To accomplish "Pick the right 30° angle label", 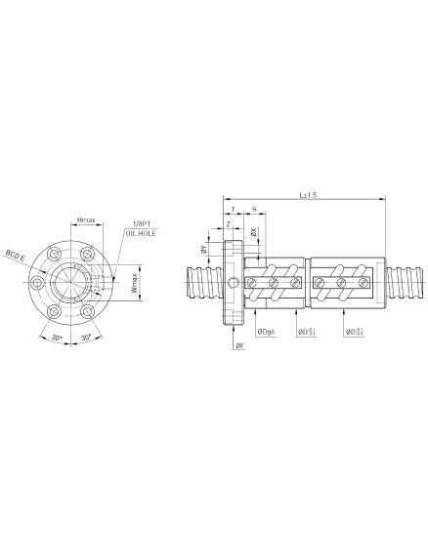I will tap(87, 337).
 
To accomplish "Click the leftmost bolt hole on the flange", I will tap(37, 283).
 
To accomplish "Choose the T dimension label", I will tap(233, 209).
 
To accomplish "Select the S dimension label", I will tap(254, 209).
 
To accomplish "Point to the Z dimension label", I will tap(229, 225).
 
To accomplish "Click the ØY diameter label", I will tap(203, 251).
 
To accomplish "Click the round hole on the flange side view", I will tap(234, 283).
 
